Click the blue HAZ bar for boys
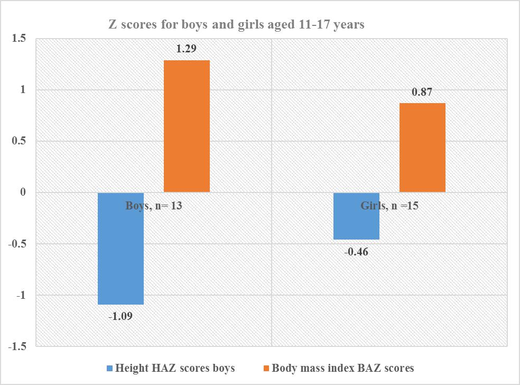coord(121,249)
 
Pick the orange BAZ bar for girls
coord(422,148)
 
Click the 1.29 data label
coord(187,49)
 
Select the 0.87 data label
coord(422,92)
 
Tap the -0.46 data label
coord(356,251)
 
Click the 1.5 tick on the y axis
coord(19,39)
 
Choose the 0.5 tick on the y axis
coord(19,142)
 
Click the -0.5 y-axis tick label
coord(17,244)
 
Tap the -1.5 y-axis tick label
coord(17,347)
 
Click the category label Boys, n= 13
coord(154,206)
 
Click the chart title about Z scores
coord(236,25)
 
